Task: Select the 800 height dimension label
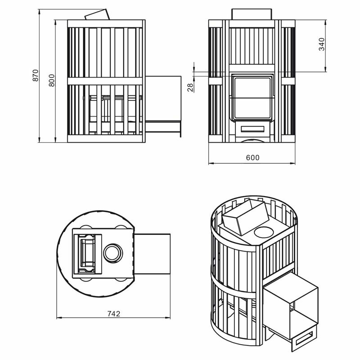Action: [51, 80]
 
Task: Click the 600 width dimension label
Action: [253, 158]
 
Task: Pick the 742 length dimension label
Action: [114, 314]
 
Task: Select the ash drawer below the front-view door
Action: [252, 129]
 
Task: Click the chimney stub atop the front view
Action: [252, 14]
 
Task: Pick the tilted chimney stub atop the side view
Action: [97, 14]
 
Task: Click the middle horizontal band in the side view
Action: [105, 81]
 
